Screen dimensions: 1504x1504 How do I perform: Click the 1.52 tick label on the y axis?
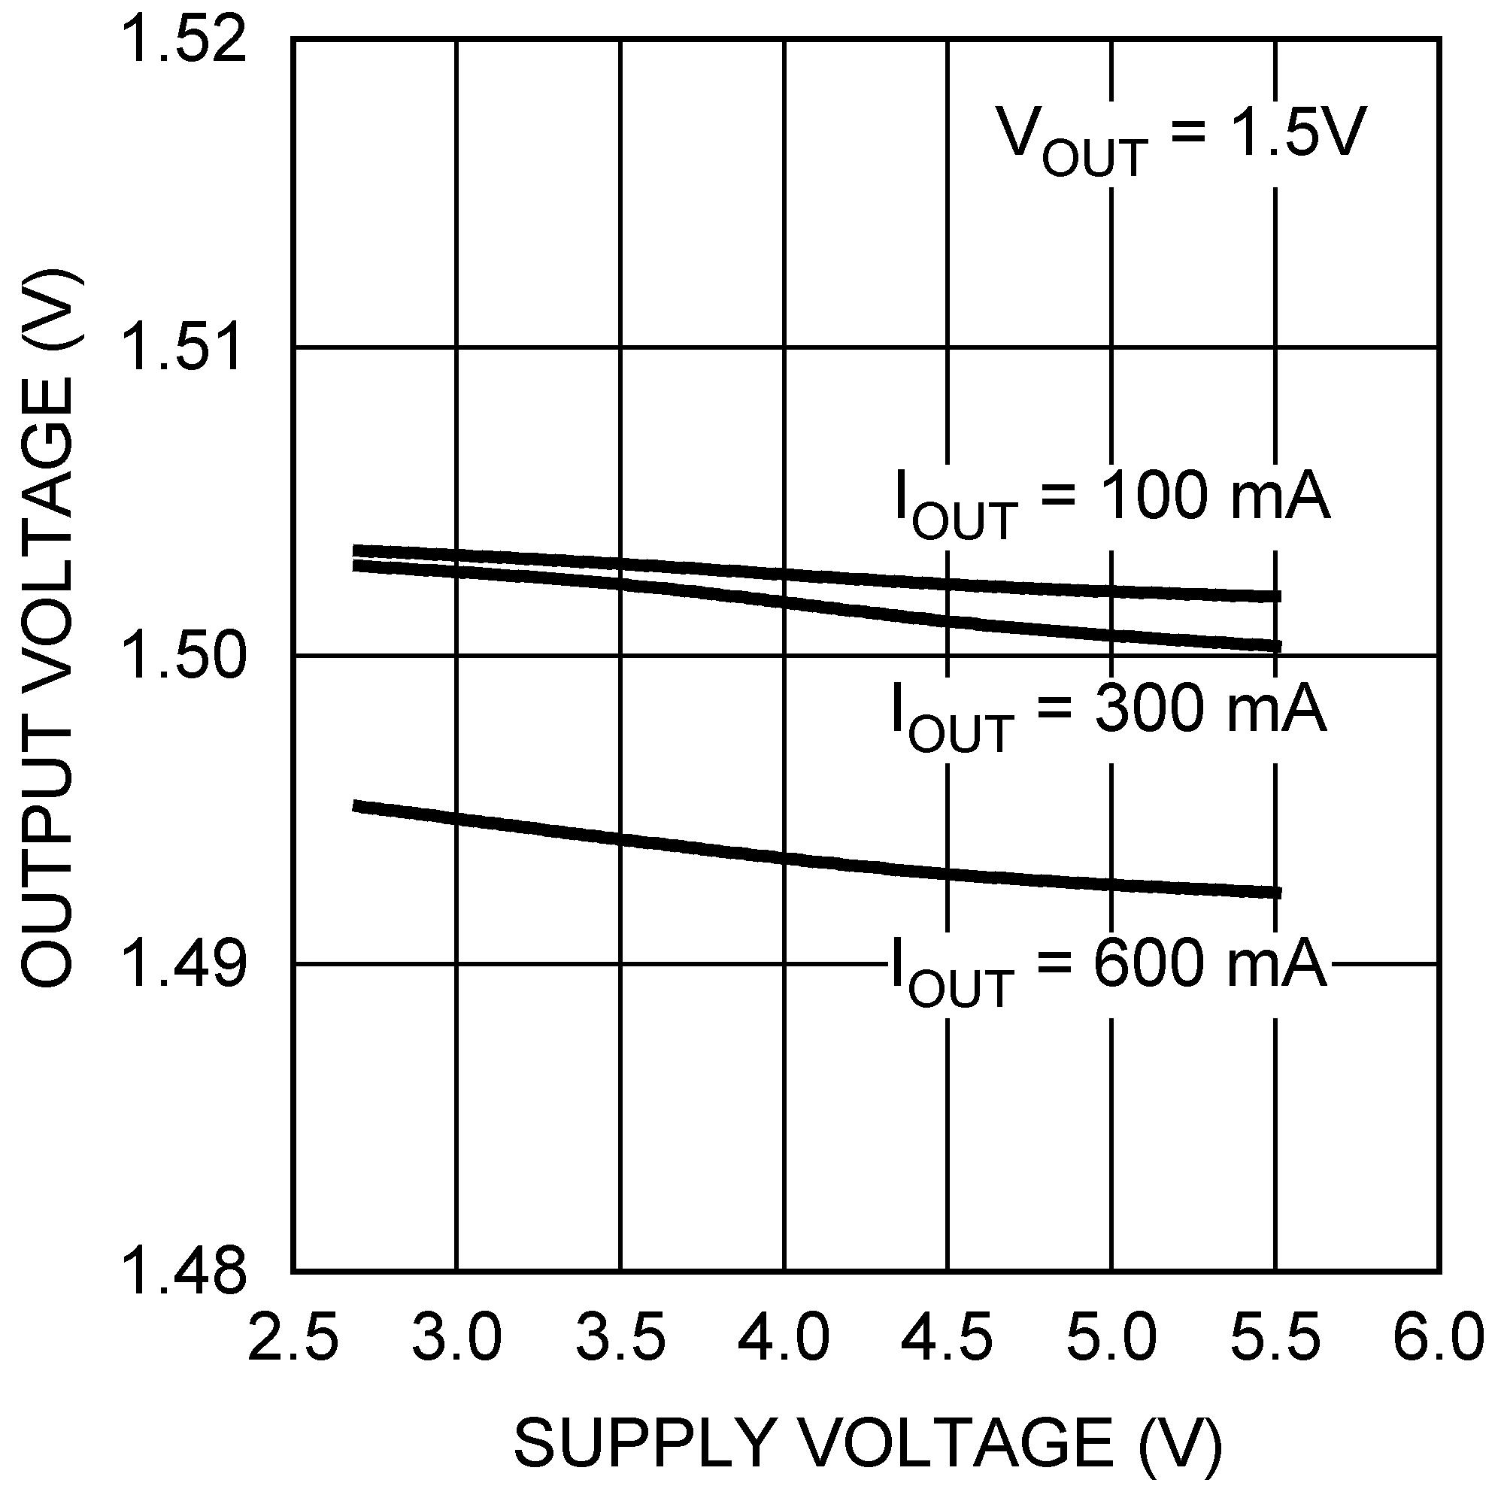184,41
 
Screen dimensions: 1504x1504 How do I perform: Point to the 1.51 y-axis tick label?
184,349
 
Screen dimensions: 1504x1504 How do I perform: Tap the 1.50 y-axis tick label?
184,656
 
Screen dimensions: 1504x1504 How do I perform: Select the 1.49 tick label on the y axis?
184,964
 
